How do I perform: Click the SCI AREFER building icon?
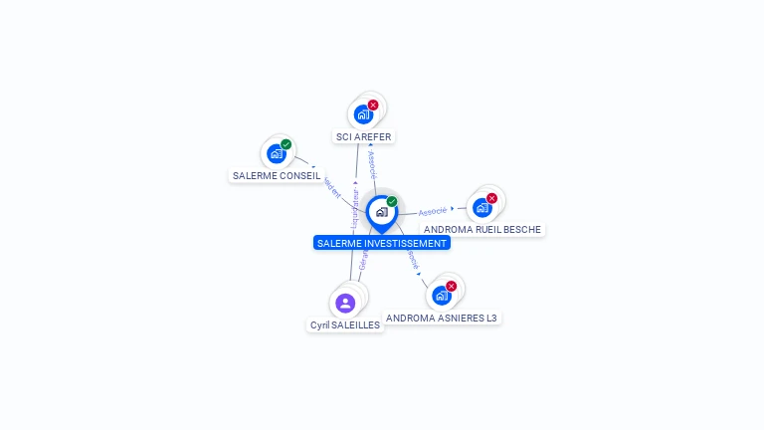[363, 114]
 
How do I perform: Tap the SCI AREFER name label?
[364, 136]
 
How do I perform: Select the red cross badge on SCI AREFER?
[373, 105]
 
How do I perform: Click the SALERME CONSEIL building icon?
[276, 154]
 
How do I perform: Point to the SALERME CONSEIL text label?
[277, 175]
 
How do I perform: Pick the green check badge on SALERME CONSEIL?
[286, 144]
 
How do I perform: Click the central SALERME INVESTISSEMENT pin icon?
[381, 212]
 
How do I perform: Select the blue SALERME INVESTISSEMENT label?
[382, 243]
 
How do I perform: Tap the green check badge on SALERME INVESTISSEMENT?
[392, 202]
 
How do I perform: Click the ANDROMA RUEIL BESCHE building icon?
[481, 208]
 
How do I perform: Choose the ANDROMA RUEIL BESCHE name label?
[482, 229]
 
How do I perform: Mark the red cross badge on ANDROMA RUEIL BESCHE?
[491, 198]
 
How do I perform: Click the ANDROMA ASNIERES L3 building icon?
[441, 296]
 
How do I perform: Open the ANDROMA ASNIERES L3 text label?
[442, 318]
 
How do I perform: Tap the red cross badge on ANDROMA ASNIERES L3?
[451, 286]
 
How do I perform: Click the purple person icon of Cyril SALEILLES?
[345, 303]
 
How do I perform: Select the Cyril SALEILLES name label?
[345, 324]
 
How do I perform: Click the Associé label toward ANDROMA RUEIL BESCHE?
[433, 211]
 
